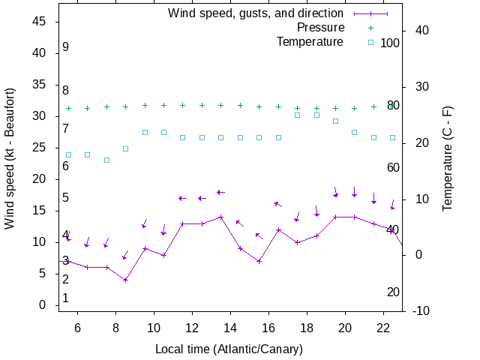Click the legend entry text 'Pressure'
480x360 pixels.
[320, 27]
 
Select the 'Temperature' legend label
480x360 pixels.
[310, 41]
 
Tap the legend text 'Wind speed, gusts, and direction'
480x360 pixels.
[255, 13]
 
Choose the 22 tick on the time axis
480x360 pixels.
[383, 328]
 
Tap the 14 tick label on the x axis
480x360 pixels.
[230, 328]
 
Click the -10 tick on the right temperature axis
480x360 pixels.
[421, 310]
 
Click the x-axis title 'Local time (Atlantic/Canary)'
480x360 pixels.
[229, 349]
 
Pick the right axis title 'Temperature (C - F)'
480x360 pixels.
[448, 157]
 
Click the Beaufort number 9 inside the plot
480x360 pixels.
[66, 47]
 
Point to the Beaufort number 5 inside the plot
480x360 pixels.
[66, 198]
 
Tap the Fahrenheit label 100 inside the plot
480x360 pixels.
[390, 43]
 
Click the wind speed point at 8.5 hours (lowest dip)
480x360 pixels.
[126, 280]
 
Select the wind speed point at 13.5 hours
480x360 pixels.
[221, 217]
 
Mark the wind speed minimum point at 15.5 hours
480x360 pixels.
[259, 261]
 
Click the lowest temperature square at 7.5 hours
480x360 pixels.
[106, 160]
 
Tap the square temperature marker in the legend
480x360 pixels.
[370, 42]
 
